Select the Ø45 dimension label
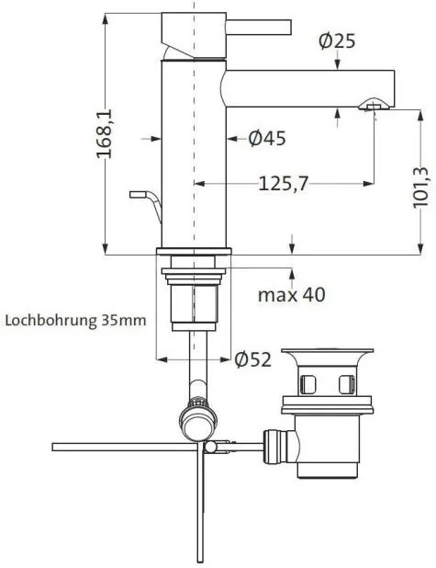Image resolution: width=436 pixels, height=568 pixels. point(266,139)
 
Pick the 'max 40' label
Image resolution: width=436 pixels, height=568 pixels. point(290,296)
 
